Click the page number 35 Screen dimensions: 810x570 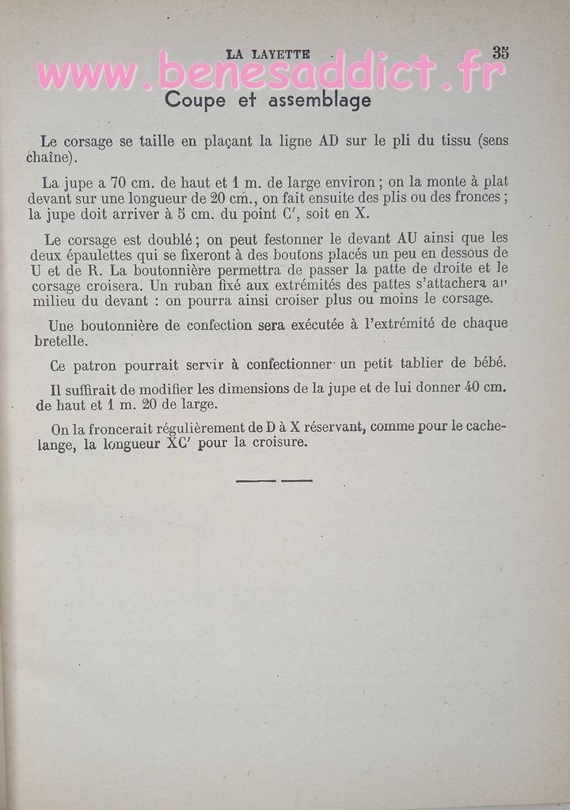tap(500, 53)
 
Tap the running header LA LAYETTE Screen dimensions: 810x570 tap(268, 54)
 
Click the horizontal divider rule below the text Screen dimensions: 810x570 tap(274, 480)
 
